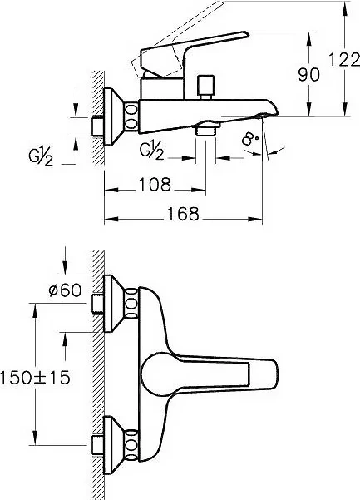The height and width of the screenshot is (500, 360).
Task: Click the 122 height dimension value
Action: click(343, 60)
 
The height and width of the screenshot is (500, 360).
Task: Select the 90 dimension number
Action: click(308, 75)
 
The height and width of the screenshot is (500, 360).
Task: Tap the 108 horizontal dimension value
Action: click(155, 184)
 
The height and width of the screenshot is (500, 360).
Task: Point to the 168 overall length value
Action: click(183, 213)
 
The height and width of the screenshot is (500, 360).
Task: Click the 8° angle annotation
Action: click(249, 139)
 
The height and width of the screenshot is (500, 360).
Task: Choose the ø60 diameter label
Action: click(65, 290)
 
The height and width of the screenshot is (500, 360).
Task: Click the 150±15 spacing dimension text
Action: click(35, 378)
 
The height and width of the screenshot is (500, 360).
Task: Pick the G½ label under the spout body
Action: click(152, 151)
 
